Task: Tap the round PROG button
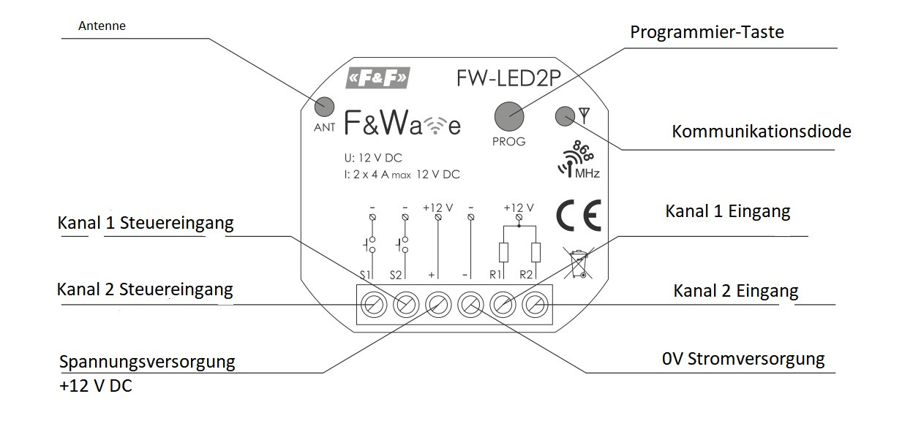[509, 115]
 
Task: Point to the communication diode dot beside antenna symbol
[566, 115]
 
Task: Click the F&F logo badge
[377, 78]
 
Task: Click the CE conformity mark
[578, 215]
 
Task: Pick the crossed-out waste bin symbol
[579, 264]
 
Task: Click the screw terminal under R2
[536, 303]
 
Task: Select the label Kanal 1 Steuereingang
[146, 224]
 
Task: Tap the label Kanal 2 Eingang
[735, 292]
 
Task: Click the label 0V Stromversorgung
[743, 360]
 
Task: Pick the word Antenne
[102, 26]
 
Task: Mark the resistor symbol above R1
[503, 252]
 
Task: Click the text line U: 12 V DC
[373, 158]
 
